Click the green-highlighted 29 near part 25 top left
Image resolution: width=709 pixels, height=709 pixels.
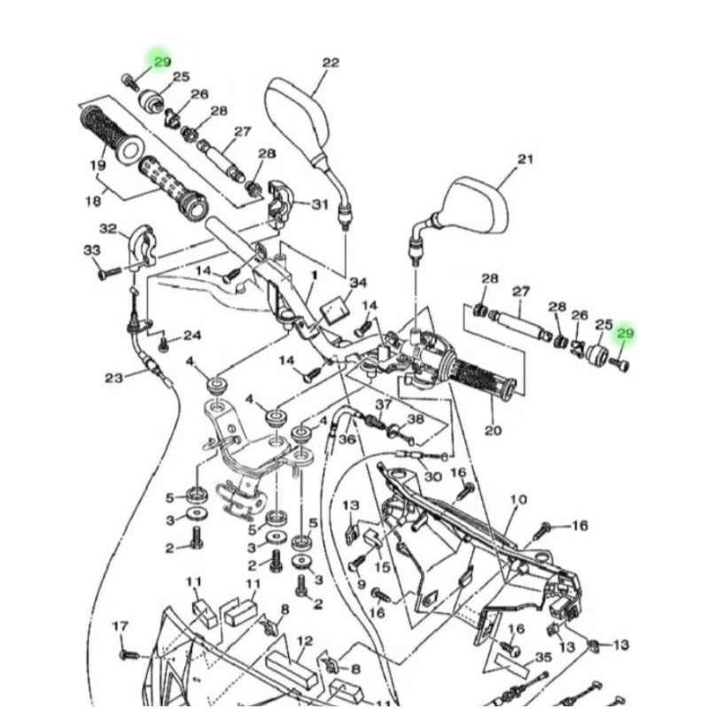[x=161, y=61]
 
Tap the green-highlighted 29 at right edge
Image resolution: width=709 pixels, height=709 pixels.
[x=626, y=333]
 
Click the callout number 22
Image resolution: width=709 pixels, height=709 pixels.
[x=331, y=62]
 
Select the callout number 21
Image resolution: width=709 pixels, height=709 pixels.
[x=526, y=160]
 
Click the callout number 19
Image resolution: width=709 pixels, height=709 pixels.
[x=98, y=165]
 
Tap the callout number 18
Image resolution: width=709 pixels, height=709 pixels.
[x=93, y=201]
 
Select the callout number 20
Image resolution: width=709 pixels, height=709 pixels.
[x=493, y=431]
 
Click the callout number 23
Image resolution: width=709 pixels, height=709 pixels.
[x=113, y=378]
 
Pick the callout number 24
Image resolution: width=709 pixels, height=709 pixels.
[x=192, y=335]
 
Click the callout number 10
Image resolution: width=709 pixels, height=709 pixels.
[x=518, y=500]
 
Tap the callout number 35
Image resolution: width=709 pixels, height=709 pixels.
[x=543, y=658]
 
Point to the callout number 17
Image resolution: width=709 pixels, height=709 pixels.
[x=121, y=627]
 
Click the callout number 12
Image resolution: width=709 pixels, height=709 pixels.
[x=304, y=640]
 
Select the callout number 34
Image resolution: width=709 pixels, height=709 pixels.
[x=357, y=283]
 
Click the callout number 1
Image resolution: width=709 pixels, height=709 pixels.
[x=312, y=277]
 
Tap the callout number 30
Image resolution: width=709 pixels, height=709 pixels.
[x=432, y=476]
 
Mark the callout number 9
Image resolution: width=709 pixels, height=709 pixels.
[x=361, y=584]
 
